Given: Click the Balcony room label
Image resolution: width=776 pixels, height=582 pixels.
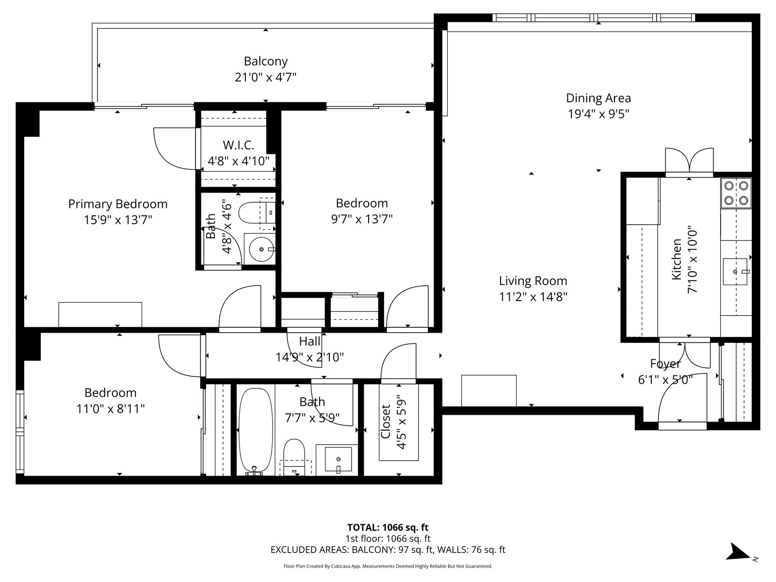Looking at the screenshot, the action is (x=265, y=61).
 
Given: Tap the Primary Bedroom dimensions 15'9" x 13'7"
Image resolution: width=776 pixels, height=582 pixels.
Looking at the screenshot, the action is (x=118, y=220).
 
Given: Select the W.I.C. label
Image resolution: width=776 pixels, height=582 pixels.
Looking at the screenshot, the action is (x=238, y=145).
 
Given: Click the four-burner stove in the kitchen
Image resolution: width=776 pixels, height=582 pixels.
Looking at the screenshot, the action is (x=736, y=193).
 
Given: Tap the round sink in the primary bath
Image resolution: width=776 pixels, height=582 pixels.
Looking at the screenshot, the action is (x=261, y=249).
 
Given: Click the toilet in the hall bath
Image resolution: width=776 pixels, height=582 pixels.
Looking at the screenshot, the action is (x=294, y=456).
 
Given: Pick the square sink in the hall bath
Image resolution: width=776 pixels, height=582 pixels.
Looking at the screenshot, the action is (x=338, y=459).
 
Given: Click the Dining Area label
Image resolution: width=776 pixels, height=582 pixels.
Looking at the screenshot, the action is (x=598, y=98).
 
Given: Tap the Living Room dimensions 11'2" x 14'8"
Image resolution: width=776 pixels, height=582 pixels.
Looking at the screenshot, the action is (x=533, y=296).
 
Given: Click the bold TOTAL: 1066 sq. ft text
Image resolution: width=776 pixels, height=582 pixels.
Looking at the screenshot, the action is (x=388, y=527).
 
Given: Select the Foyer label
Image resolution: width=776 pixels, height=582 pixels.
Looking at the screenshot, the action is (x=665, y=364).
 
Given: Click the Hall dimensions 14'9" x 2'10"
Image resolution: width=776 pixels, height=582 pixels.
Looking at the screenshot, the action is (x=310, y=357).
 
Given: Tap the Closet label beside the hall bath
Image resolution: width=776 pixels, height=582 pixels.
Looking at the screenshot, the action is (x=386, y=421).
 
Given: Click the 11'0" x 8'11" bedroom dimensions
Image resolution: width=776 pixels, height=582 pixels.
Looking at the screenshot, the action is (x=111, y=409).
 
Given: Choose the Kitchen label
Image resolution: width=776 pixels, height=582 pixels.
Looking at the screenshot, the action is (x=676, y=259).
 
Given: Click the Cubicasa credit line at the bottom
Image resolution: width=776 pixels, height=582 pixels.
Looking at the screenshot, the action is (x=388, y=566).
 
